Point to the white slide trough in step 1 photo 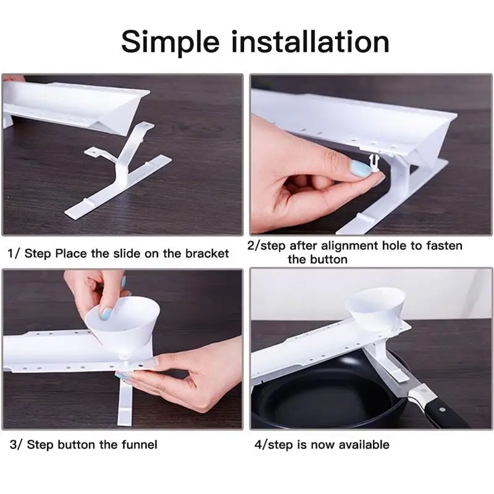click(x=80, y=105)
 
